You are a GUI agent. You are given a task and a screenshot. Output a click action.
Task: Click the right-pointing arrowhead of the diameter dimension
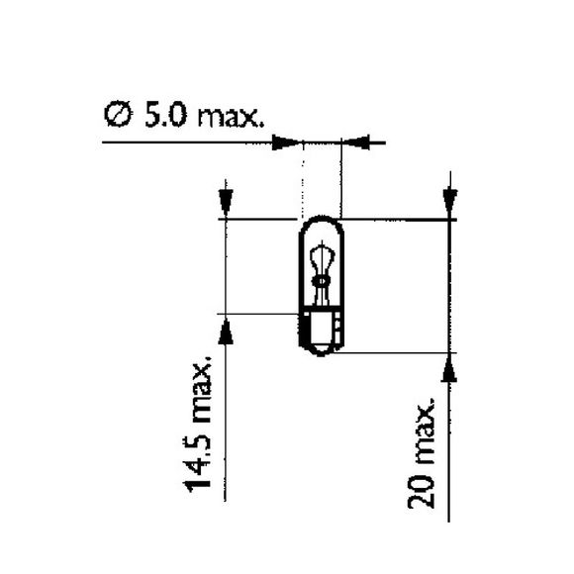pos(287,143)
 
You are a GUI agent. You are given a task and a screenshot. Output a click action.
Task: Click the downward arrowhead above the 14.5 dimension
pos(227,202)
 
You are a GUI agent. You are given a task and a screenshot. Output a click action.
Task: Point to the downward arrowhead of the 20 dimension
pos(450,202)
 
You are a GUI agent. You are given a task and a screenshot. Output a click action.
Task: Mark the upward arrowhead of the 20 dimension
pos(450,367)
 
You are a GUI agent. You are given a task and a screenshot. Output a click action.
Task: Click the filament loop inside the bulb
pos(320,259)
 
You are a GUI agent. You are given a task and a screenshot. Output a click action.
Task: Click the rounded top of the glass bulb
pos(321,224)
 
